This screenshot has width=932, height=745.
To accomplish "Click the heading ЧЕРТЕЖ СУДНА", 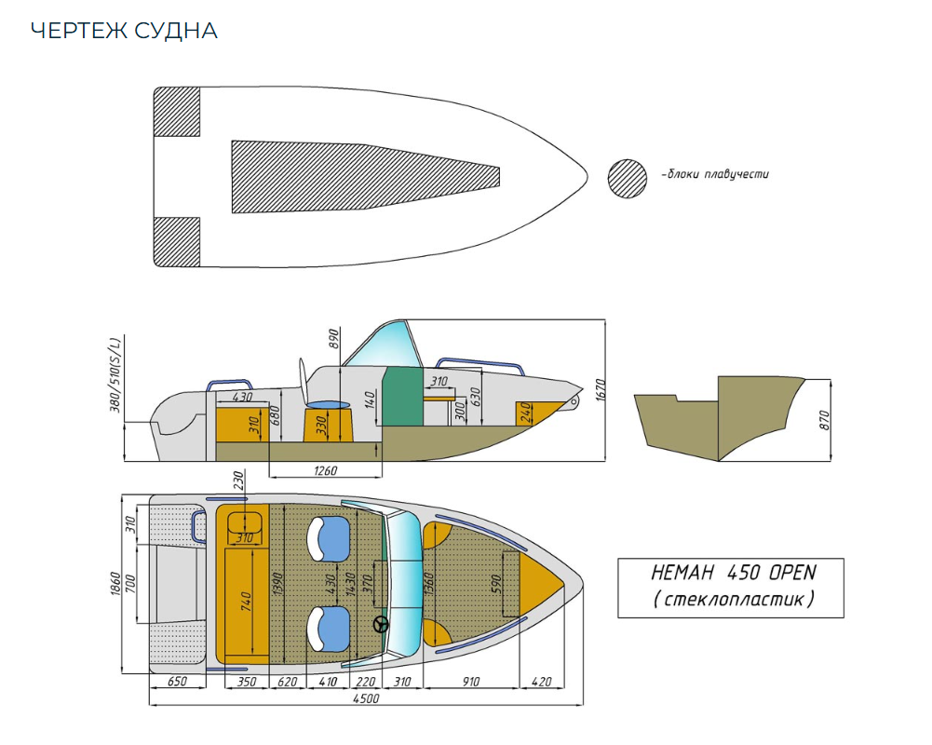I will [124, 31].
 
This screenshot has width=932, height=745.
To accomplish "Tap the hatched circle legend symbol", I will [628, 177].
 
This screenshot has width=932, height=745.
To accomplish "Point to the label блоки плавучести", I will [718, 174].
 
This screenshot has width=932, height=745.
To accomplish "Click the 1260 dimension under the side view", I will [325, 471].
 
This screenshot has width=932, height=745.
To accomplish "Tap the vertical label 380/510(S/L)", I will [115, 374].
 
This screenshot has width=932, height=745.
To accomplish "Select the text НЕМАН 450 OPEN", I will [730, 573].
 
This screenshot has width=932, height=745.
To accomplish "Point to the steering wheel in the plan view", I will [381, 626].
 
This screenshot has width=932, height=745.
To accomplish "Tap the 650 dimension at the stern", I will [178, 683].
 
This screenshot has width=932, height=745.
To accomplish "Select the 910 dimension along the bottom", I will [470, 683].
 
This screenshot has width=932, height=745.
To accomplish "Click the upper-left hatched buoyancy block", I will [177, 111].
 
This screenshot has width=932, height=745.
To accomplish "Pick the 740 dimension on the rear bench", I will [247, 602].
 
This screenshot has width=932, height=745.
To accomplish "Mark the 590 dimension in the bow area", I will [496, 584].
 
